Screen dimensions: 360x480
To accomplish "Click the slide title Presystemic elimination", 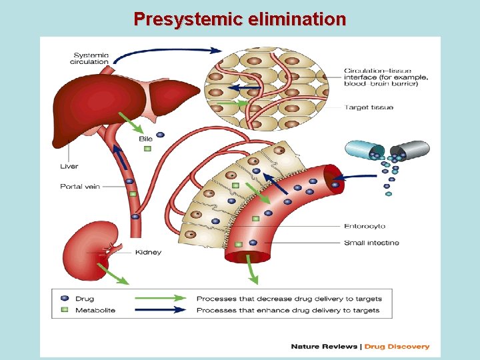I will [239, 19].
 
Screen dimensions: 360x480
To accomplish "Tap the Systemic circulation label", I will [91, 58].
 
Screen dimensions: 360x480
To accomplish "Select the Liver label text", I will [69, 166].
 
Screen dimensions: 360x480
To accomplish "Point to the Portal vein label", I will [80, 186].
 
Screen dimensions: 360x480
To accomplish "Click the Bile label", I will [146, 139].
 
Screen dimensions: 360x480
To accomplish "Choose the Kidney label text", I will [148, 252].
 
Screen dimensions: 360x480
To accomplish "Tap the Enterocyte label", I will [365, 227].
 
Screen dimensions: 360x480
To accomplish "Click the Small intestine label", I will [371, 243].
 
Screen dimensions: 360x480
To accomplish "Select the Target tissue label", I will [369, 107].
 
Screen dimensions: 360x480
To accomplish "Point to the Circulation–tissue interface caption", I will [386, 77].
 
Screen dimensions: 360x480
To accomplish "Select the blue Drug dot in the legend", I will [64, 299].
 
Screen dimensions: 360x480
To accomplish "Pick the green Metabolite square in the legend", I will [64, 310].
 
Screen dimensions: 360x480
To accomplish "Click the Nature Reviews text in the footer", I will [324, 346].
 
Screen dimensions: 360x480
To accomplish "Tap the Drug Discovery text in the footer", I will [398, 346].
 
